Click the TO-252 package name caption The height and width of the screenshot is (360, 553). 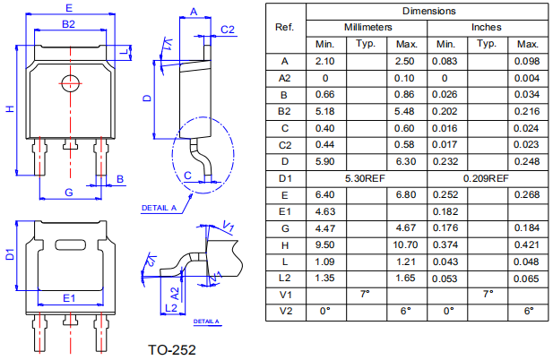coord(170,349)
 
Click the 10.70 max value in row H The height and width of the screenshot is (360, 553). coord(407,244)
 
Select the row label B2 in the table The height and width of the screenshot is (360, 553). coord(285,111)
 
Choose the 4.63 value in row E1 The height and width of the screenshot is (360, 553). coord(324,211)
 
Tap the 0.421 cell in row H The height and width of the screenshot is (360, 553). coord(528,244)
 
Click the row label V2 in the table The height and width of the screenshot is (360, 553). coord(285,311)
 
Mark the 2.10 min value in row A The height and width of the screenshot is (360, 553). coord(324,61)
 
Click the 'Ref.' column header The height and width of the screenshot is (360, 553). coord(285,27)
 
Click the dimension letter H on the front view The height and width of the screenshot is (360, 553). coord(10,109)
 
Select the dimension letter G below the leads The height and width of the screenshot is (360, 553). coord(69,192)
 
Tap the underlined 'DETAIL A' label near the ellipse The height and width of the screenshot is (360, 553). coord(158,208)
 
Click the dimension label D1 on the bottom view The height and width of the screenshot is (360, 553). coord(10,254)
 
